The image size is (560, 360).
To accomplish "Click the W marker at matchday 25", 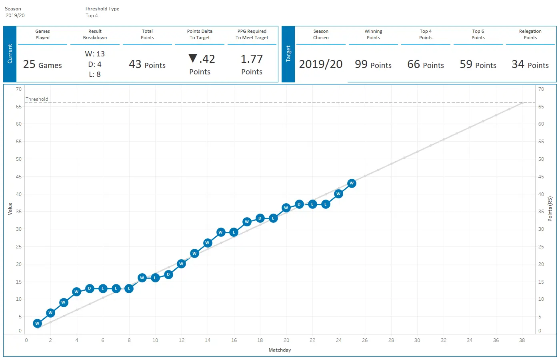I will pos(352,183).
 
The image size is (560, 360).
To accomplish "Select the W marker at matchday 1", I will pos(37,323).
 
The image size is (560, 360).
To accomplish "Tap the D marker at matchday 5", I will pos(90,288).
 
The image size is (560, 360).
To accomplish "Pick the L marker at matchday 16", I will pos(234,232).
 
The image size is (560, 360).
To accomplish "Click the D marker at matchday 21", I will pos(299,204).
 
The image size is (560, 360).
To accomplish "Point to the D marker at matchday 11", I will pos(168,274).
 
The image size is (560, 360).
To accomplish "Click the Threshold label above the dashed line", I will pos(37,99).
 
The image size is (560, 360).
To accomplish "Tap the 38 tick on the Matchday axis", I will pos(522,340).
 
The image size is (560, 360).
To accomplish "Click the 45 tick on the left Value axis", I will pos(19,176).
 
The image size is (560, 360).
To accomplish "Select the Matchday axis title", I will pos(280,350).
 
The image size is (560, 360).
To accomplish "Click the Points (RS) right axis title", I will pos(550,209).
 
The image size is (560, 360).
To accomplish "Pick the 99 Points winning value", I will pos(373,65).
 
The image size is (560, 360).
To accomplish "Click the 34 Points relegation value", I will pos(530,65).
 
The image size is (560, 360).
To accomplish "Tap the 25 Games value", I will pos(42,65).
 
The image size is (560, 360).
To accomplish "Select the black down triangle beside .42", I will pos(193,59).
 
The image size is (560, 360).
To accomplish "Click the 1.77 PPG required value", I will pos(252,59).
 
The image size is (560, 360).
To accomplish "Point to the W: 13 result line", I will pos(95,54).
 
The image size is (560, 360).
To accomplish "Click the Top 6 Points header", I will pos(478,34).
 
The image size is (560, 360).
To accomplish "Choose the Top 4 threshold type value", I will pos(92,16).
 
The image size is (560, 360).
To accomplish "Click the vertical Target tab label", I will pos(288,54).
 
